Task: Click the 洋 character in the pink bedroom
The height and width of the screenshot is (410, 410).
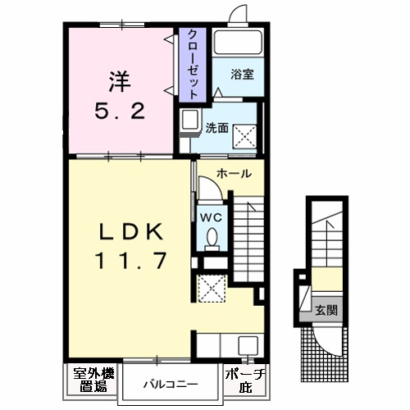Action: (x=120, y=81)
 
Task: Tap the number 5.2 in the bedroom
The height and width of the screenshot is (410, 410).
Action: (x=120, y=112)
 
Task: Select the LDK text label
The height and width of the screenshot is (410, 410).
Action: (x=130, y=231)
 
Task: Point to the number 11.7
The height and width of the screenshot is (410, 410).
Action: (x=130, y=261)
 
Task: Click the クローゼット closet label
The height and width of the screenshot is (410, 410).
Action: (x=193, y=64)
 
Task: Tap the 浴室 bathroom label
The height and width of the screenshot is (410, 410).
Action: (x=242, y=75)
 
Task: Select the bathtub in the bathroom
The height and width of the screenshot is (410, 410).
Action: (x=238, y=43)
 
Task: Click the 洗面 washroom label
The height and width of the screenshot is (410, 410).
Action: (x=217, y=128)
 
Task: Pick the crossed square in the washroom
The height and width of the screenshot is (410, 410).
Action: (x=244, y=136)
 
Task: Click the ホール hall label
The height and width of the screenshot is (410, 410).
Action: (x=234, y=174)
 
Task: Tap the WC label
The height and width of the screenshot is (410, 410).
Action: (x=211, y=218)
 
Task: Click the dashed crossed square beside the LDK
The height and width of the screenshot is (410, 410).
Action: (x=212, y=289)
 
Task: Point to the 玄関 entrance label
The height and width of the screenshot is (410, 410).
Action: (x=326, y=310)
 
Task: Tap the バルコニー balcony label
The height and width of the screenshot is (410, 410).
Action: (x=171, y=385)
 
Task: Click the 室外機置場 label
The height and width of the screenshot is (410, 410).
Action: (x=93, y=380)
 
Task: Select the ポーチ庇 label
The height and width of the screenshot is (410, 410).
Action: (x=245, y=380)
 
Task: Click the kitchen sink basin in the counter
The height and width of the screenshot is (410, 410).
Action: (x=248, y=345)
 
